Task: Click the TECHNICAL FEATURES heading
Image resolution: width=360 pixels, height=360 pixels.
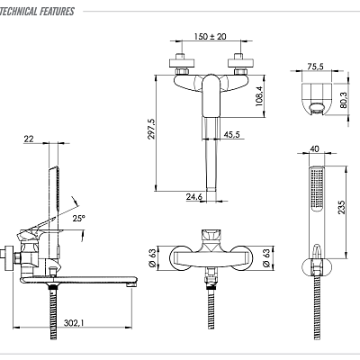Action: point(37,12)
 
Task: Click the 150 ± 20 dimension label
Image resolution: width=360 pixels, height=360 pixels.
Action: point(210,37)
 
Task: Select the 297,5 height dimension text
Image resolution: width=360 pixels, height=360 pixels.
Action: point(151,129)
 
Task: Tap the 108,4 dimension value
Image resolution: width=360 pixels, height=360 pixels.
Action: point(258,96)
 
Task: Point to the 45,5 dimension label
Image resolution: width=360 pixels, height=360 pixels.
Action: point(232,134)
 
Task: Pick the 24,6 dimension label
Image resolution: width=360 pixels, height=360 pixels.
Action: point(194,197)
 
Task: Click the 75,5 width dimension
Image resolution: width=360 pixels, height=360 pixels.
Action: point(315,67)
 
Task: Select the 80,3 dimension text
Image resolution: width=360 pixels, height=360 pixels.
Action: point(343,100)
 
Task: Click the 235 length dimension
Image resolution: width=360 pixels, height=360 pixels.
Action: point(342,207)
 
